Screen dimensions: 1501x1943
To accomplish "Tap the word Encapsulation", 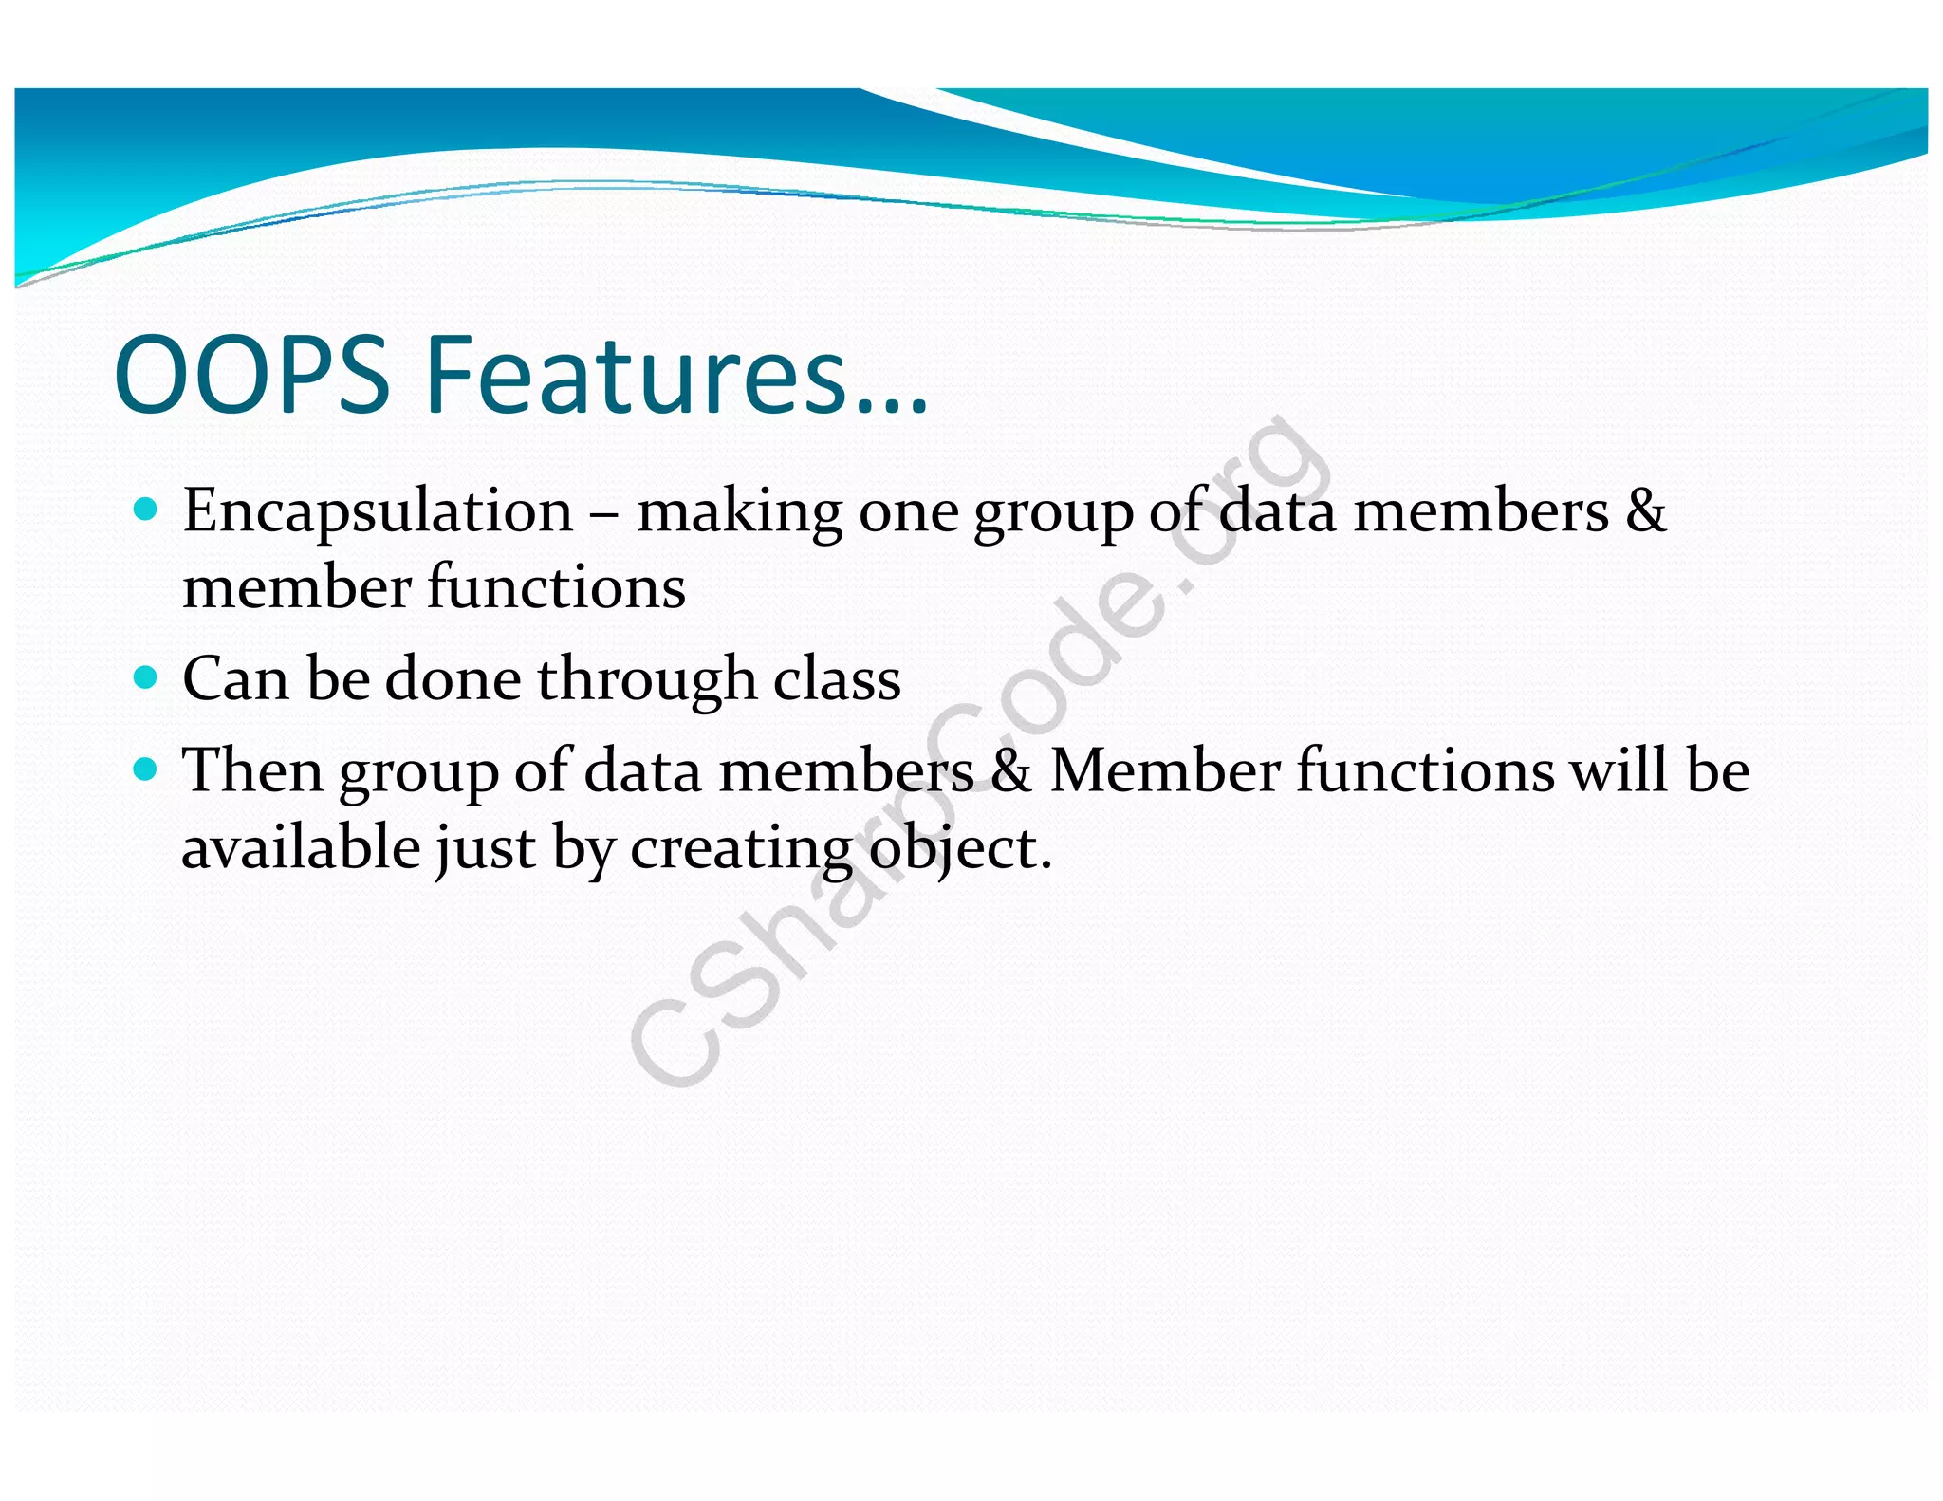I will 378,512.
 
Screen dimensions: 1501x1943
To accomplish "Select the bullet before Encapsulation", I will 145,510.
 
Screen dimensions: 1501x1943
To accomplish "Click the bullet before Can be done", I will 145,677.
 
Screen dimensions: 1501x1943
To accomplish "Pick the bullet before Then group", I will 145,769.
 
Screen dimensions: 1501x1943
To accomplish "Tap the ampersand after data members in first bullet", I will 1645,512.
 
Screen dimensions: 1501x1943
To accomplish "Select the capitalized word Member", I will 1165,770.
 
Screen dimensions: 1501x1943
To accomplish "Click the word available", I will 301,847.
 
